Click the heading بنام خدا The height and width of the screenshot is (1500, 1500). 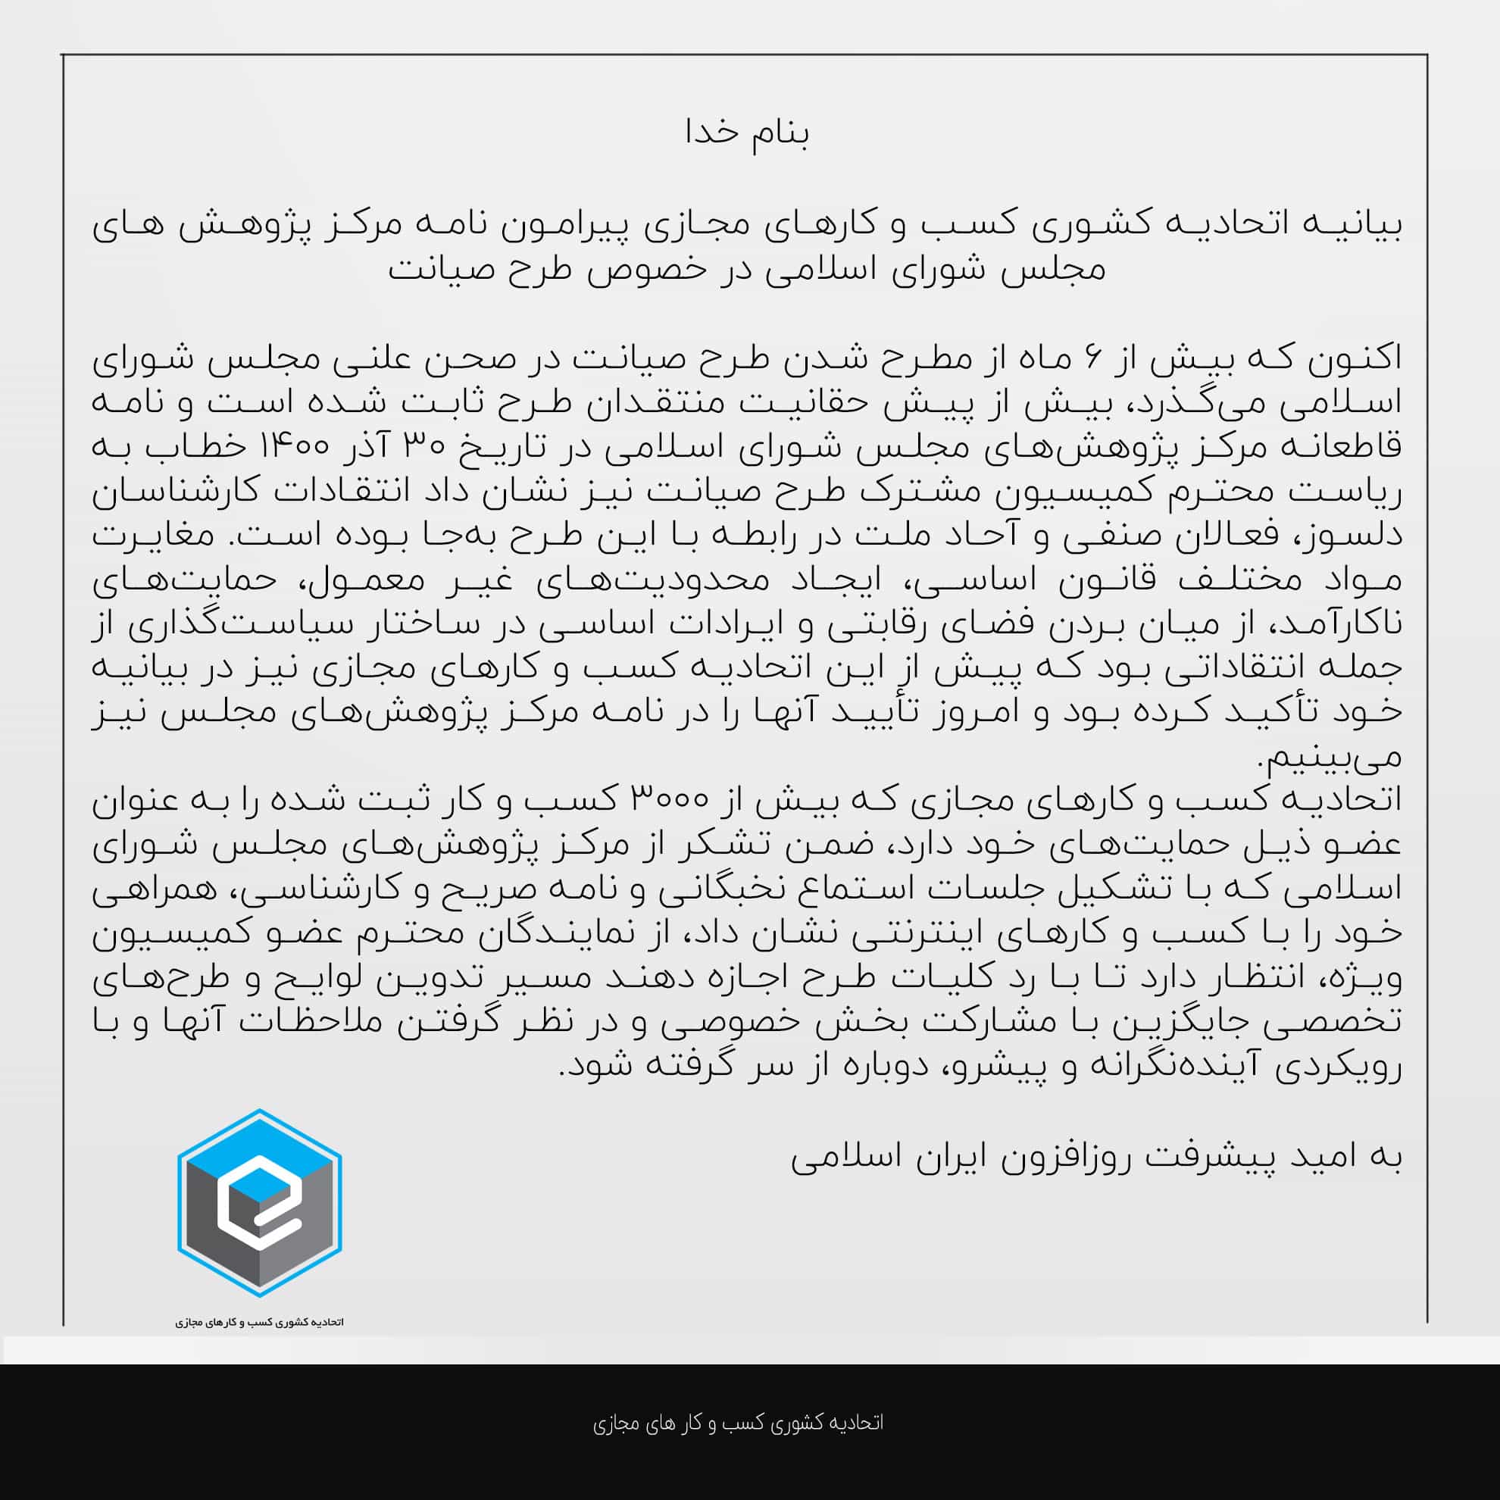[x=748, y=133]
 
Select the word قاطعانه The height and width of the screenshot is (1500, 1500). [x=1349, y=447]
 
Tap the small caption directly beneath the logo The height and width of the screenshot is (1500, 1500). [x=259, y=1322]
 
